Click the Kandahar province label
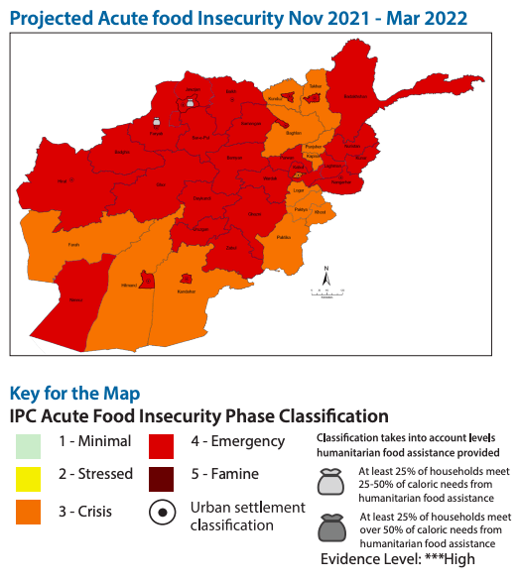coord(186,291)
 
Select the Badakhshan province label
coord(354,96)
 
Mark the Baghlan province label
coord(293,132)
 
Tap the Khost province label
coord(320,212)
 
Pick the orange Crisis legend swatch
coord(29,511)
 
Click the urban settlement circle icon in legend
coord(163,513)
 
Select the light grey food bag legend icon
coord(329,481)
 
